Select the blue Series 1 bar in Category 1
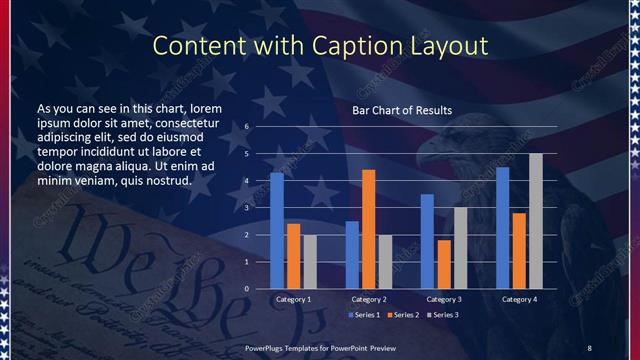tap(277, 230)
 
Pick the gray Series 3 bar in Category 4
tap(536, 221)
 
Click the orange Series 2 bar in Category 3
tap(444, 264)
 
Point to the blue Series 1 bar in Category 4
tap(503, 227)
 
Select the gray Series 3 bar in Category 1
tap(310, 262)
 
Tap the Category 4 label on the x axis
tap(519, 299)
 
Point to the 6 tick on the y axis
tap(247, 127)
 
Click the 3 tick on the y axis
tap(247, 208)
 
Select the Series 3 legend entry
tap(444, 315)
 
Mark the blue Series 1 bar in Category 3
tap(427, 241)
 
